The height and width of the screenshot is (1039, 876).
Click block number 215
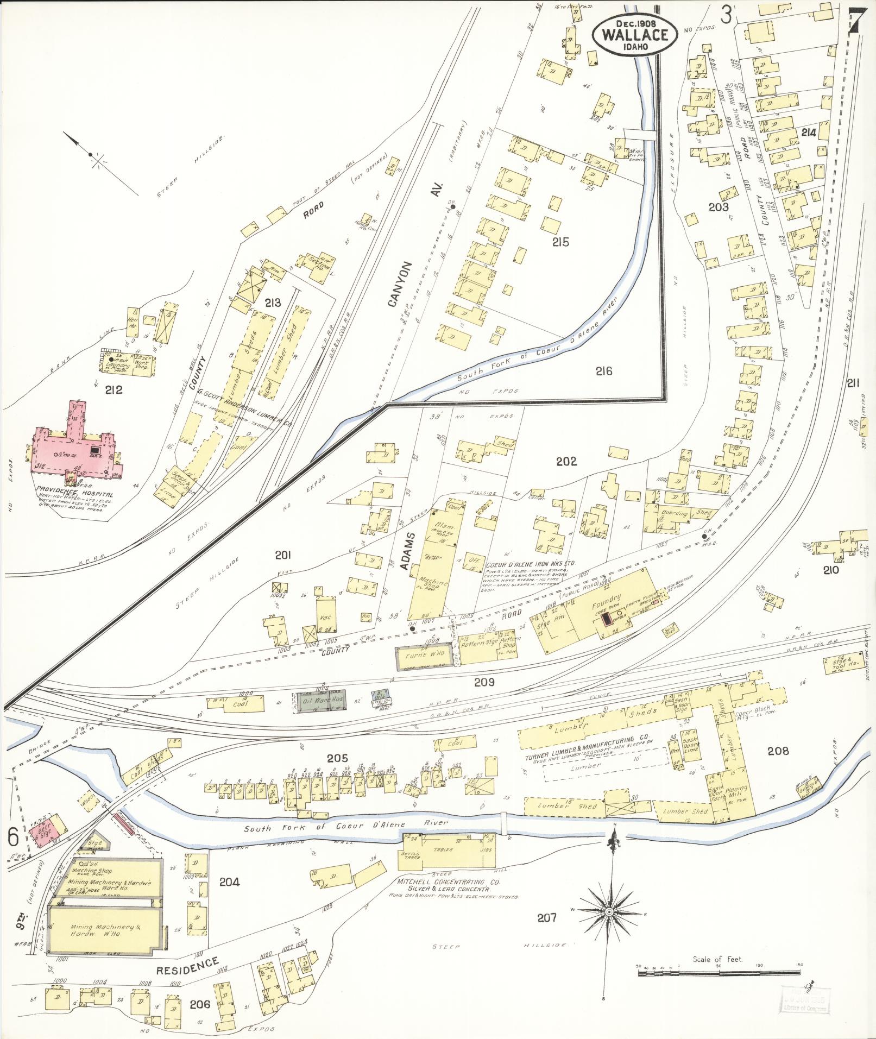pos(560,242)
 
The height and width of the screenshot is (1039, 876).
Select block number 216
pos(603,371)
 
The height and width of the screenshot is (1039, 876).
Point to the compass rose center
pos(609,910)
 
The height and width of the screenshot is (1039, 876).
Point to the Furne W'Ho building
pos(424,657)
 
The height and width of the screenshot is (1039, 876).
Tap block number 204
pos(230,882)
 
